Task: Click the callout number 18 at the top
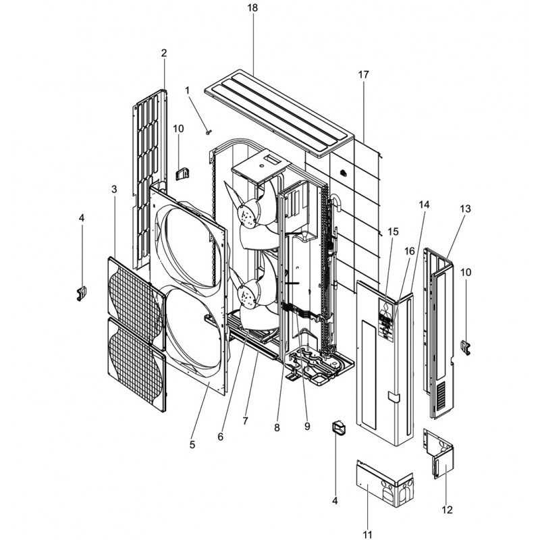click(x=252, y=7)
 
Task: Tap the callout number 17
click(x=364, y=75)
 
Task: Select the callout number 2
click(x=163, y=53)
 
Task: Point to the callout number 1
click(x=187, y=90)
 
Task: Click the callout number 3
click(x=114, y=190)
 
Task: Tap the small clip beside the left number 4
click(x=82, y=293)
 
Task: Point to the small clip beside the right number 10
click(x=464, y=346)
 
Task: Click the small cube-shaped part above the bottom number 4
click(x=337, y=429)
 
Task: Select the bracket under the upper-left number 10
click(x=181, y=173)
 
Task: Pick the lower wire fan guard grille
click(x=136, y=361)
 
